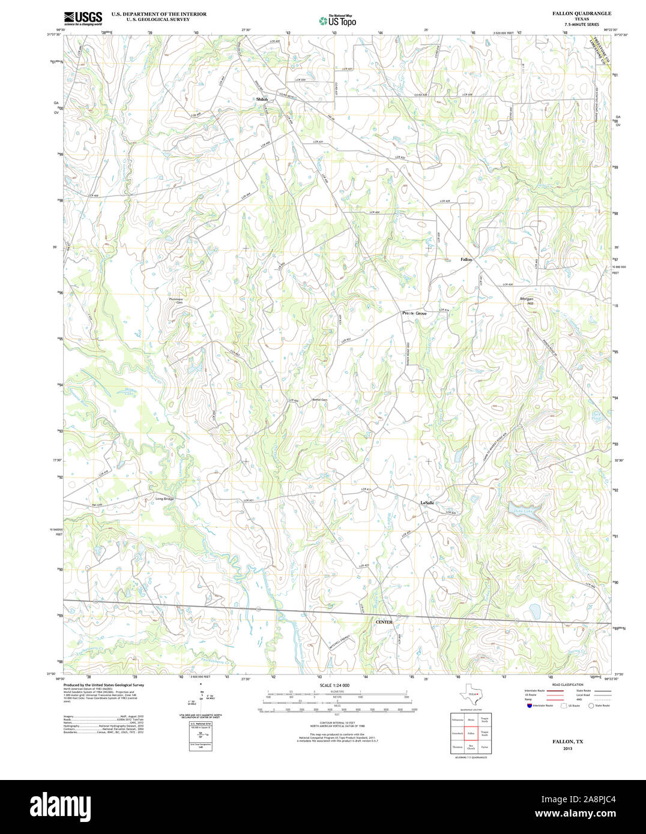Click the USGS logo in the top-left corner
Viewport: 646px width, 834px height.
(83, 18)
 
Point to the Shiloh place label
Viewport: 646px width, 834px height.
(262, 99)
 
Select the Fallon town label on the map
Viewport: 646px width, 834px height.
(466, 259)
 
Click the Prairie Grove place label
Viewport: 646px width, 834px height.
(414, 313)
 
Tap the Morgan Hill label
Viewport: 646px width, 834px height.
(527, 301)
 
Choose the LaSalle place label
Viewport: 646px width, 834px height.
(427, 502)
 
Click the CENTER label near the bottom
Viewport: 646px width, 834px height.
(384, 622)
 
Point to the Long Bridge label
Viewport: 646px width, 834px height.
(165, 499)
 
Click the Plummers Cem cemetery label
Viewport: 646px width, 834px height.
(175, 301)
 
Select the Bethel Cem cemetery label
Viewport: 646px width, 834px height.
(319, 400)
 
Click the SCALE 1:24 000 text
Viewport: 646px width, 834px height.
(334, 685)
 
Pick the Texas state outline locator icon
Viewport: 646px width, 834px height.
(468, 695)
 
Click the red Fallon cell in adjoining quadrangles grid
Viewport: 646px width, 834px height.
(471, 733)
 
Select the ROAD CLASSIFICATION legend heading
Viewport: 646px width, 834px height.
(567, 685)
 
